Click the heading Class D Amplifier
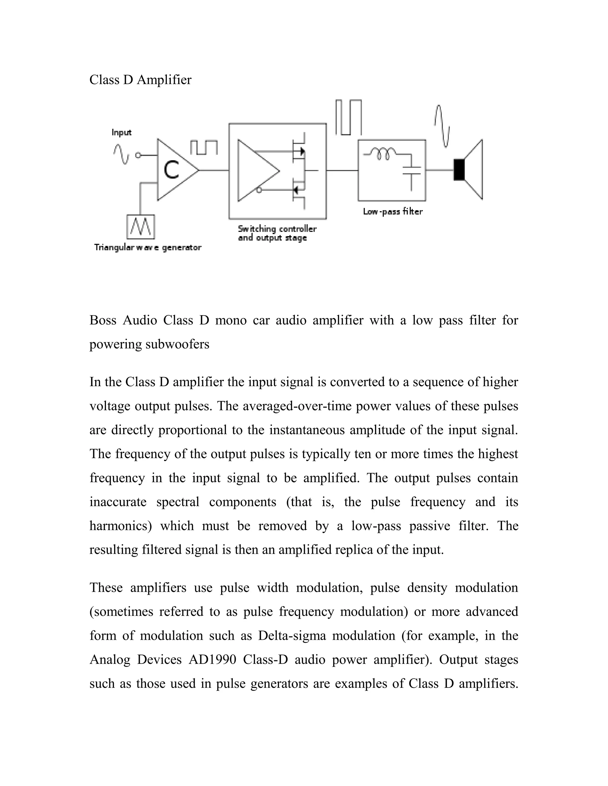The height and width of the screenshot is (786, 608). point(140,79)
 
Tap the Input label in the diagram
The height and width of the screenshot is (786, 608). point(121,133)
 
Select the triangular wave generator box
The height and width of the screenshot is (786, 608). point(140,227)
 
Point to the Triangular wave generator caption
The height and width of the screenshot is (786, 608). point(148,248)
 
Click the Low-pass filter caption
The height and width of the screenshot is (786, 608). point(392,211)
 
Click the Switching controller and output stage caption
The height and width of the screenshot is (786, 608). point(277,233)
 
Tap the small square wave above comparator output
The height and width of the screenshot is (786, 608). point(204,147)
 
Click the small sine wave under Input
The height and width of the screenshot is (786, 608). point(121,154)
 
